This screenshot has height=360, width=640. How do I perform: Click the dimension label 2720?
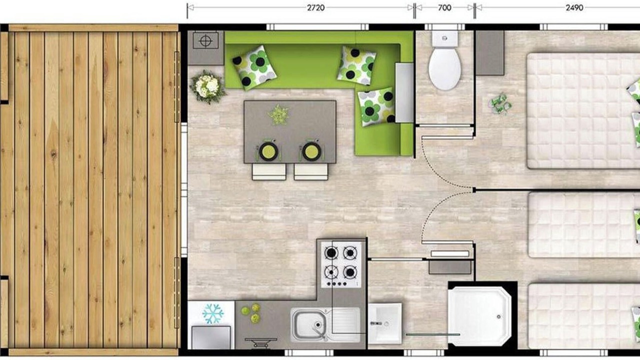click(315, 7)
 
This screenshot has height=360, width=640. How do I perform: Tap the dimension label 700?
click(444, 7)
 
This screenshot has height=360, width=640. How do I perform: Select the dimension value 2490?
click(574, 7)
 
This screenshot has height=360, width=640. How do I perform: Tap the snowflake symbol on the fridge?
click(213, 313)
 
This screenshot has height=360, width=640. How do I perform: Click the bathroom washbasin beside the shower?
click(385, 323)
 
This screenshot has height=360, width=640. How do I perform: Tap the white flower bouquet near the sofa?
click(207, 87)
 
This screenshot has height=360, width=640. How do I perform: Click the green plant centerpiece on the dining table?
click(278, 115)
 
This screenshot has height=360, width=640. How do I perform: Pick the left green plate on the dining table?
click(268, 151)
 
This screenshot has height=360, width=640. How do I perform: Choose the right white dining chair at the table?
click(311, 171)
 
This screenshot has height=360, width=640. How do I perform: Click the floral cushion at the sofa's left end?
click(254, 68)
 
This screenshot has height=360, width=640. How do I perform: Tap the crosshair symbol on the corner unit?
click(205, 41)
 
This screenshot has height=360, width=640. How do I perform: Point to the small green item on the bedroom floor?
click(500, 104)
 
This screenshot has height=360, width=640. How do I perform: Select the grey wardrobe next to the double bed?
click(489, 53)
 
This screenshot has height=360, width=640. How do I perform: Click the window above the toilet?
click(444, 27)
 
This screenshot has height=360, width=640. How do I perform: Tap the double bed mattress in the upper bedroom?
click(583, 111)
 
